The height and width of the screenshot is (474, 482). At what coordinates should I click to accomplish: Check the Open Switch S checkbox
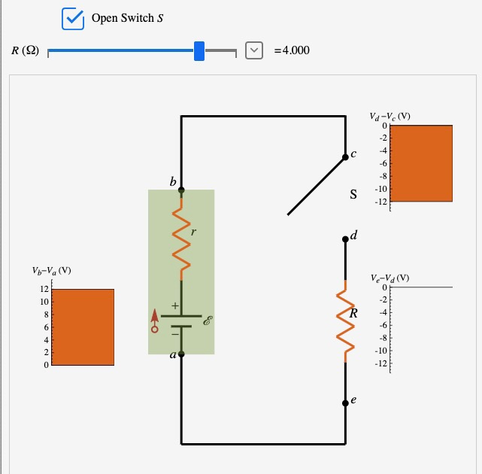click(73, 18)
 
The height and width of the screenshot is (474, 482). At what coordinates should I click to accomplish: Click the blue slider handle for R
click(199, 51)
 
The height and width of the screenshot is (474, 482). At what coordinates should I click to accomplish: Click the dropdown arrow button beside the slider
click(255, 50)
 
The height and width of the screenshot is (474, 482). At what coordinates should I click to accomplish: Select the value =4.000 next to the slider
click(292, 50)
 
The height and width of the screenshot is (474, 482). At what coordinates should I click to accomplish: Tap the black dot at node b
click(181, 190)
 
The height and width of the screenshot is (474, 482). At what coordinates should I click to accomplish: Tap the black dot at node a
click(181, 353)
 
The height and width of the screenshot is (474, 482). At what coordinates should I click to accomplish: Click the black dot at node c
click(345, 157)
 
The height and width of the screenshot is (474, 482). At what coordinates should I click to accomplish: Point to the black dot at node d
click(345, 239)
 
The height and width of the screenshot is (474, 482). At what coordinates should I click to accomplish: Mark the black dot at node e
click(345, 402)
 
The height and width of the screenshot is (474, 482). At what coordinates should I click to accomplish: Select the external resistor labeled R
click(345, 321)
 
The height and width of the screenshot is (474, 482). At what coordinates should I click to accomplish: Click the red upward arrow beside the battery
click(155, 319)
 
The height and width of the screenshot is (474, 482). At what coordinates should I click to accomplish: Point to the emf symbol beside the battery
click(208, 321)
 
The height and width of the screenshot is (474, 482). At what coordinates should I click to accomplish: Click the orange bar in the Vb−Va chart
click(83, 327)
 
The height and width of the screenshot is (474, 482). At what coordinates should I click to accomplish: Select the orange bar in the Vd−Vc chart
click(421, 163)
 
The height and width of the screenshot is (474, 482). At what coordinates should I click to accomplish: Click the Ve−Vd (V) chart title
click(390, 278)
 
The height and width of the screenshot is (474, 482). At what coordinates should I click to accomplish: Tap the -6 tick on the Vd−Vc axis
click(383, 163)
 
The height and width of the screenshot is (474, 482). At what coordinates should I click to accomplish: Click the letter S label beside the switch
click(353, 195)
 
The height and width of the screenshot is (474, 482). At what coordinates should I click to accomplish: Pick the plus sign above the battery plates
click(174, 306)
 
